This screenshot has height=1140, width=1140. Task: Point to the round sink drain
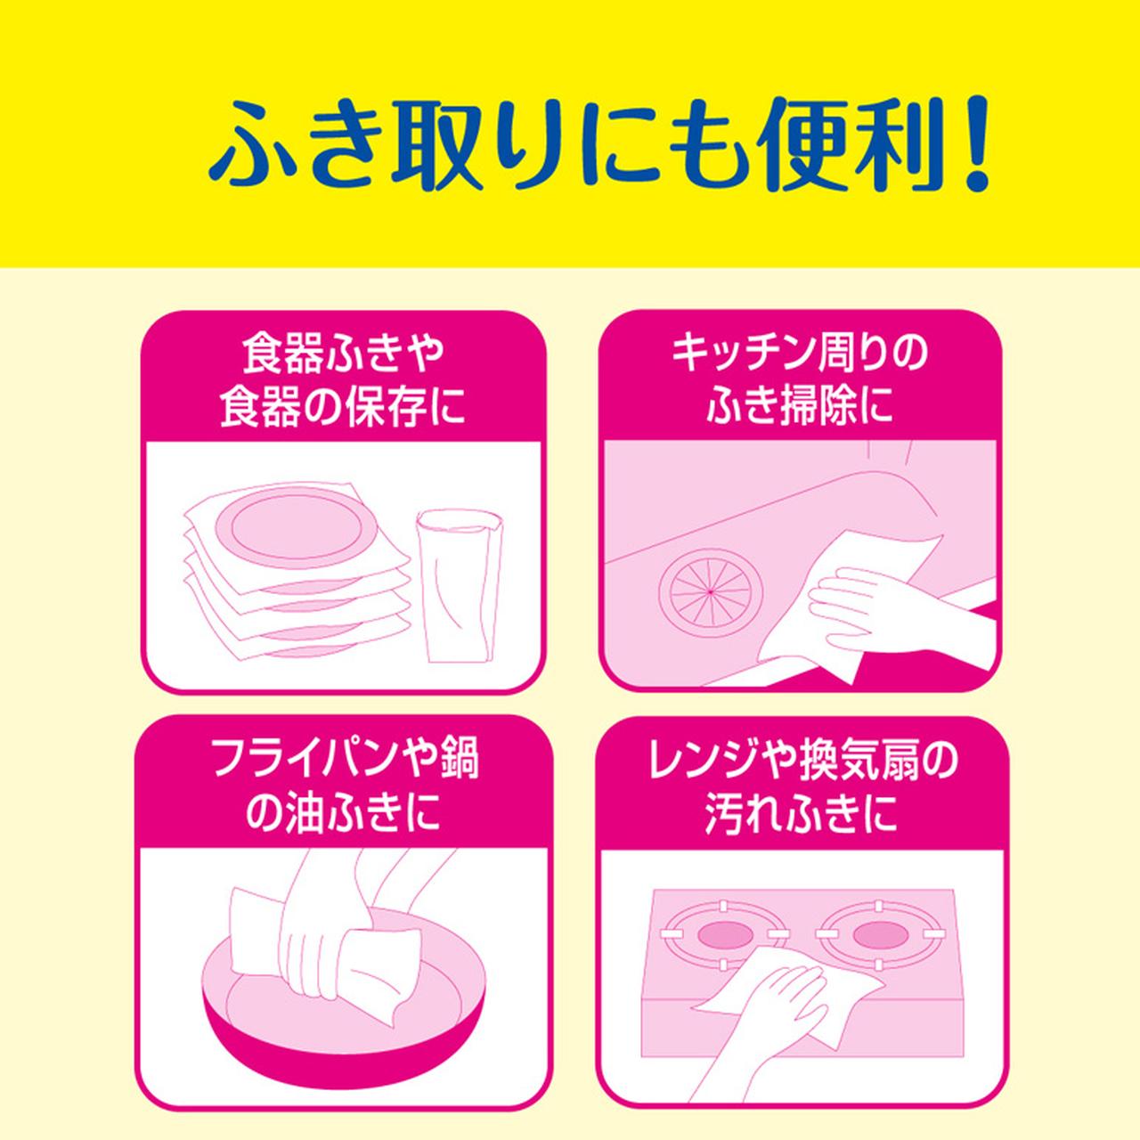pos(711,589)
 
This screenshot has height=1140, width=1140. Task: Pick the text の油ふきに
pos(343,815)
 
